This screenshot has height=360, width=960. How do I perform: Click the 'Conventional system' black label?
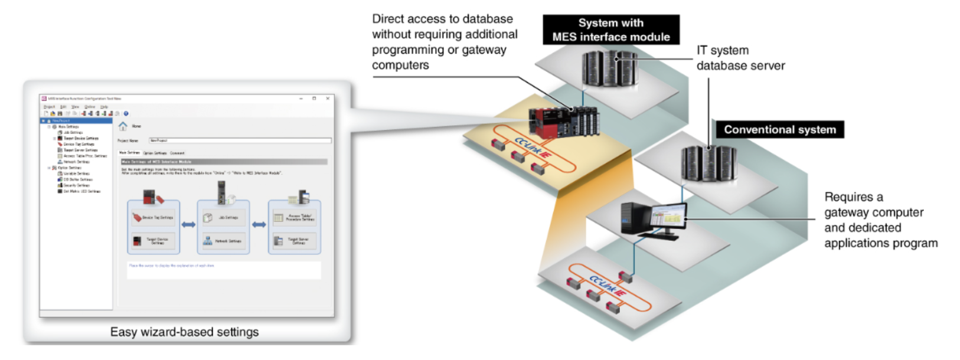pos(779,130)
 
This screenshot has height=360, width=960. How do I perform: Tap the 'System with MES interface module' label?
pos(610,30)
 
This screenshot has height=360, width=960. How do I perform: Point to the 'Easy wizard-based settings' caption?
pos(184,332)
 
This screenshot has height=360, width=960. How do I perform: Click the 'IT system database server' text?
pos(740,58)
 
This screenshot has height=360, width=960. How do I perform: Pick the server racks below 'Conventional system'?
pos(708,163)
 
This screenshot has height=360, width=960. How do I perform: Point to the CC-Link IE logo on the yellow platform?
pos(534,148)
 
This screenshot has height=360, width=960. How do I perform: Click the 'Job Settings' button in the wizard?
pos(224,217)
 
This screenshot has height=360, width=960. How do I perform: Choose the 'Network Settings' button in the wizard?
pos(224,241)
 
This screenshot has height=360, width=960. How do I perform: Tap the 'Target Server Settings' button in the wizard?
pos(295,241)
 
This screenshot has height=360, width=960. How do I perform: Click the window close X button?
pos(328,99)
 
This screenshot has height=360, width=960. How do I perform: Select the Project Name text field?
pos(240,140)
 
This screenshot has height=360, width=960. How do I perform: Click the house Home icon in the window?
pos(123,126)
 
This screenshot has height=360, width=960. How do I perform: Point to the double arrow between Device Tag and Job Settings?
pos(188,224)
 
